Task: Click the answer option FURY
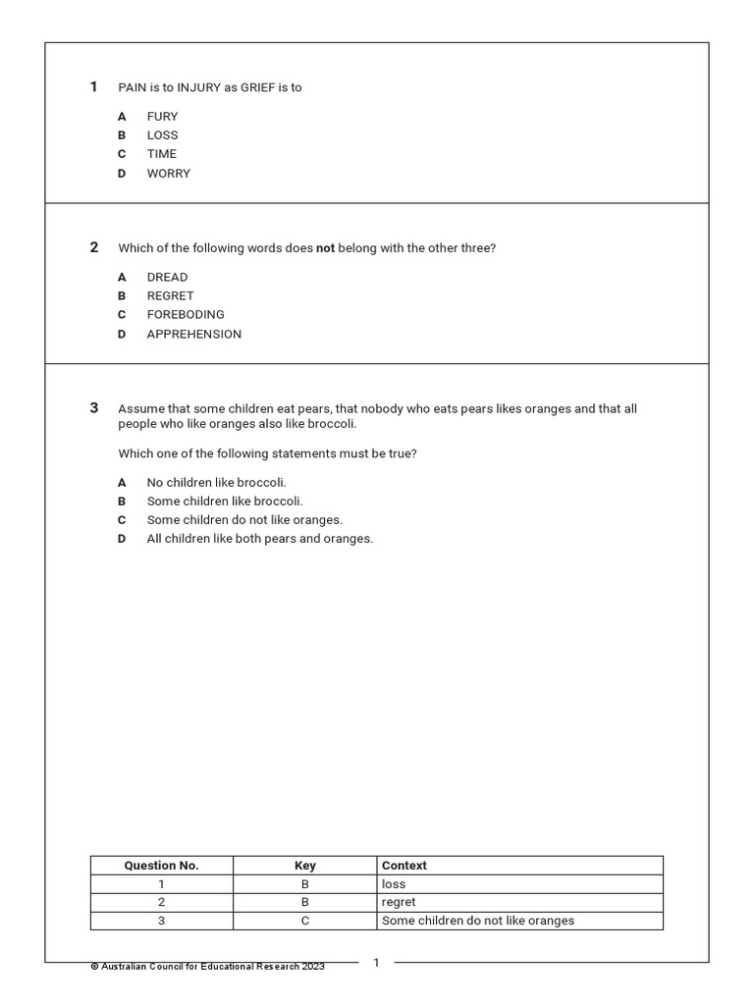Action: [162, 116]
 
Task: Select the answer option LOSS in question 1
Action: [162, 134]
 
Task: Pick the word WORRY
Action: [168, 173]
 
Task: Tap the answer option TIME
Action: [162, 153]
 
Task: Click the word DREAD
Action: [167, 277]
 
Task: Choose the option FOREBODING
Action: [186, 314]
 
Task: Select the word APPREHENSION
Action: [193, 334]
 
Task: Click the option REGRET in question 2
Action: [170, 295]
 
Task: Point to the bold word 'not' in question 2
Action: [325, 248]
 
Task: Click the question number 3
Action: [94, 408]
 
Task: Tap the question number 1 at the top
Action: [94, 87]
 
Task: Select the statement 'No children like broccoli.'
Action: [216, 482]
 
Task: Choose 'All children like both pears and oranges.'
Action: [259, 538]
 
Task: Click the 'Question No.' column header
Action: [161, 866]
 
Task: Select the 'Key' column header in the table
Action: [305, 866]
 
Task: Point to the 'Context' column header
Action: [404, 866]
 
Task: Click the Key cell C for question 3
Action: [305, 921]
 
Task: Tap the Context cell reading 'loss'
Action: [393, 884]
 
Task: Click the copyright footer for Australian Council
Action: [207, 967]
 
